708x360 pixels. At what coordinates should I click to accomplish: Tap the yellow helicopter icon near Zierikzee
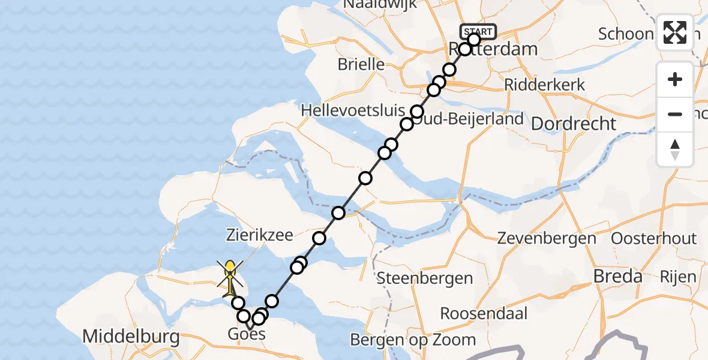point(230,277)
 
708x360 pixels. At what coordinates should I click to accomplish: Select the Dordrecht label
point(574,124)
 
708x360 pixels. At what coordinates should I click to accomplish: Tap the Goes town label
point(247,334)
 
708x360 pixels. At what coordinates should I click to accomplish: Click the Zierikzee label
point(259,235)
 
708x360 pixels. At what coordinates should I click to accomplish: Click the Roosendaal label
point(484,313)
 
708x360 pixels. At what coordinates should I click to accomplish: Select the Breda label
point(617,277)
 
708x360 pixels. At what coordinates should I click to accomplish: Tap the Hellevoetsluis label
point(352,111)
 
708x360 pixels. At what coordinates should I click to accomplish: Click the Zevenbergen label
point(547,238)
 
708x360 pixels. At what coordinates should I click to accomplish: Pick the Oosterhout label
point(653,238)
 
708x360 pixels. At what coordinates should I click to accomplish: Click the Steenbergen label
point(425,278)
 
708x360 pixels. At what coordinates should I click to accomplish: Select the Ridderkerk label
point(544,85)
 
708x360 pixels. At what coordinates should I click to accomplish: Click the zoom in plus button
point(675,79)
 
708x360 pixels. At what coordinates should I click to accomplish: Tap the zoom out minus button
point(675,114)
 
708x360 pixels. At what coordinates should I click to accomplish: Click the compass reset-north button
point(675,149)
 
